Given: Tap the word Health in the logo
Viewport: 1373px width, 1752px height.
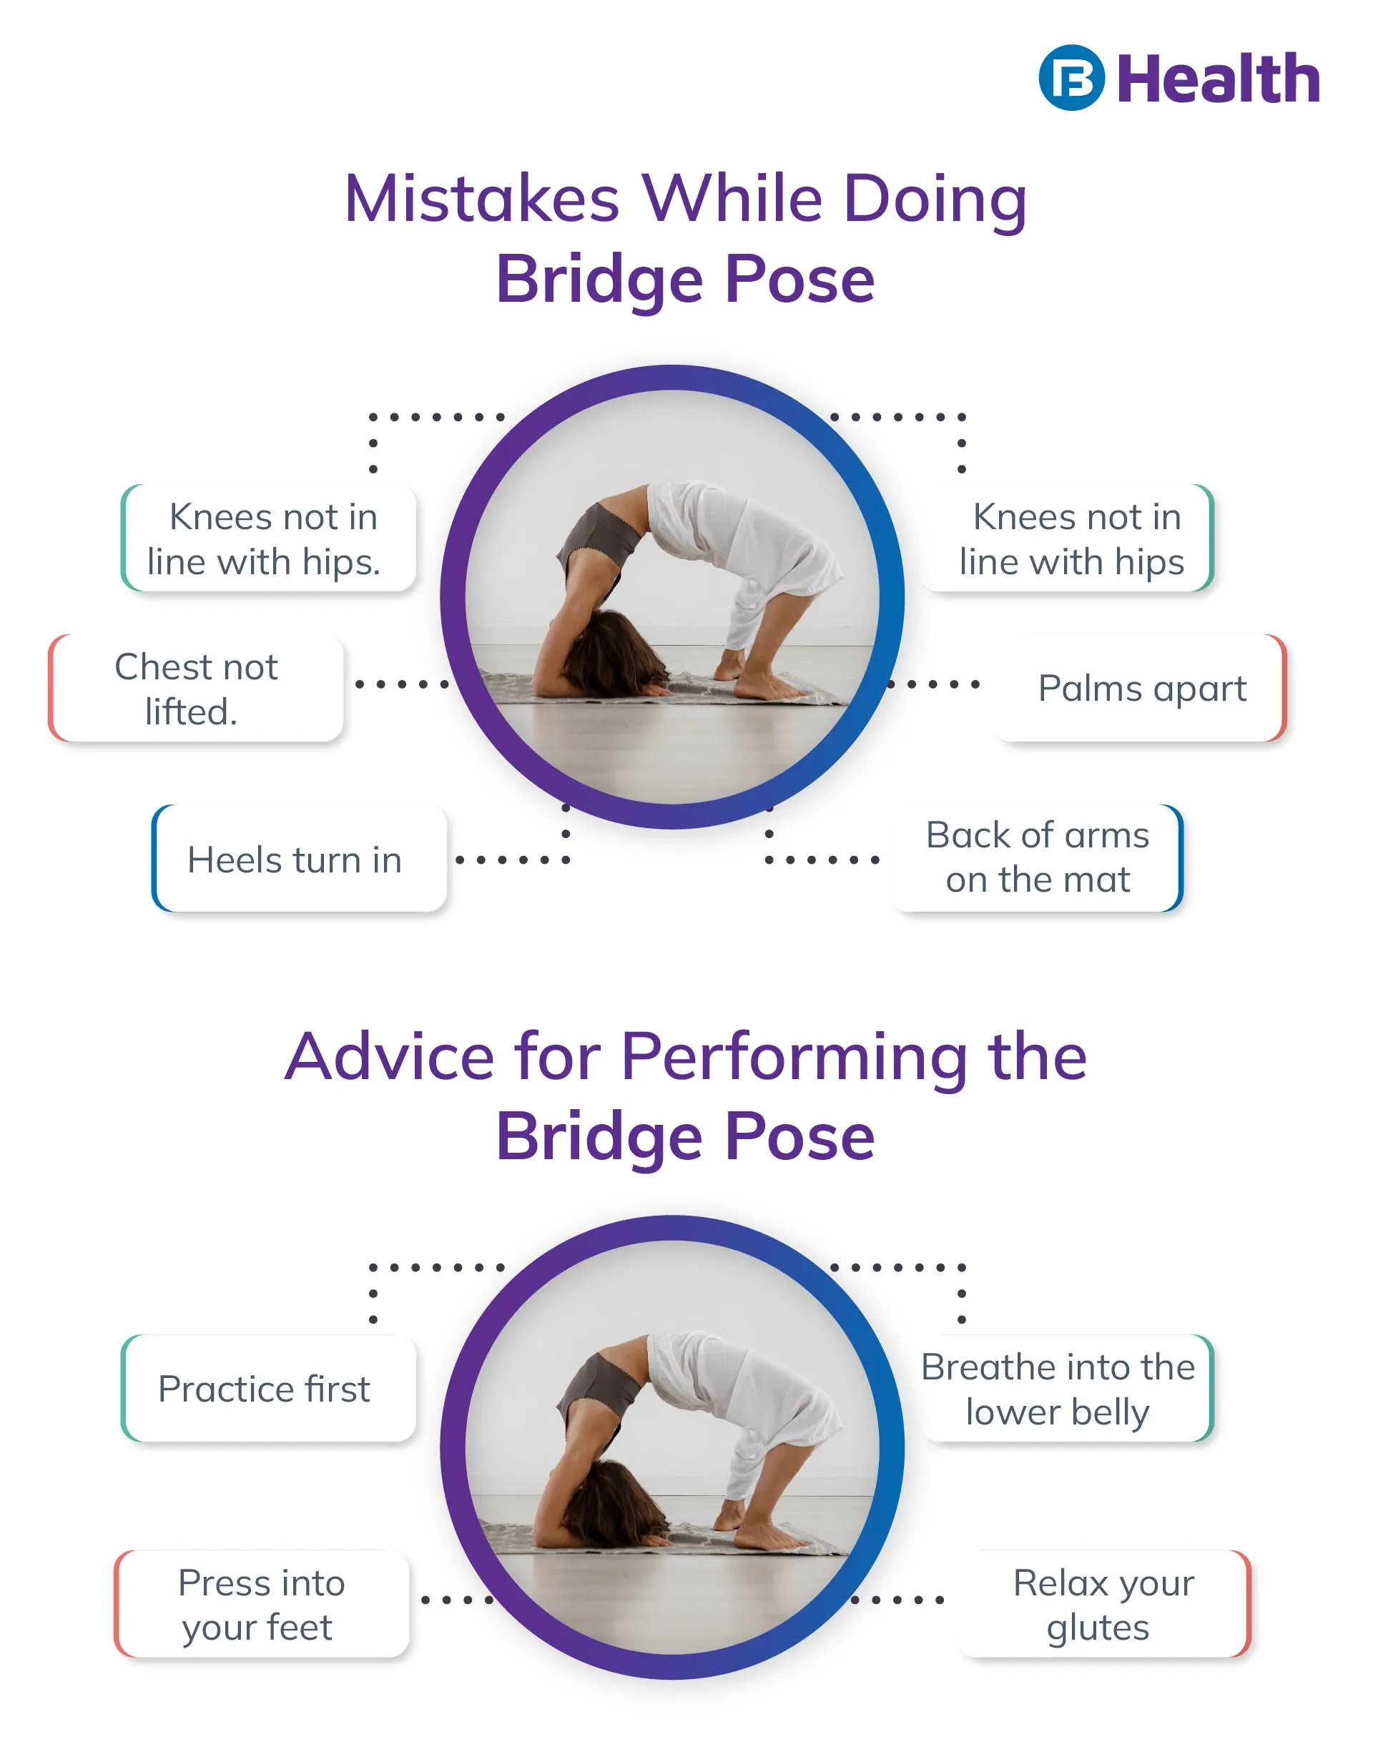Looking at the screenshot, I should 1218,79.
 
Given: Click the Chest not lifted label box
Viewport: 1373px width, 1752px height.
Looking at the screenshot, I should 196,688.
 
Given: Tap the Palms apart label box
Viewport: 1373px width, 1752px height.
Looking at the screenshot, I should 1141,688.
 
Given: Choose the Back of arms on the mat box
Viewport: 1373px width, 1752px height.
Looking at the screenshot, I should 1037,857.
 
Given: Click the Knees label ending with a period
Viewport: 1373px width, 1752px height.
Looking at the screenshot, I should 268,538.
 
